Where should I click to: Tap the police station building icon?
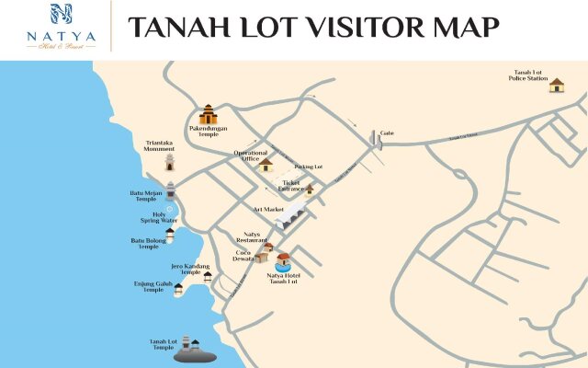[557, 86]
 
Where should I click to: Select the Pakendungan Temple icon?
[209, 115]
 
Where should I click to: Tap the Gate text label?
[388, 132]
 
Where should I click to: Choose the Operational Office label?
[250, 155]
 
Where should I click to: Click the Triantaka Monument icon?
[169, 162]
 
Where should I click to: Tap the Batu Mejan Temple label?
[147, 195]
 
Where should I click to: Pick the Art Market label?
[269, 209]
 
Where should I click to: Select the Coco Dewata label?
[243, 256]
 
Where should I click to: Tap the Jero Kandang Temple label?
[186, 269]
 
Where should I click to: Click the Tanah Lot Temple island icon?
[194, 352]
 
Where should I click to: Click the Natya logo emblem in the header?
[60, 15]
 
